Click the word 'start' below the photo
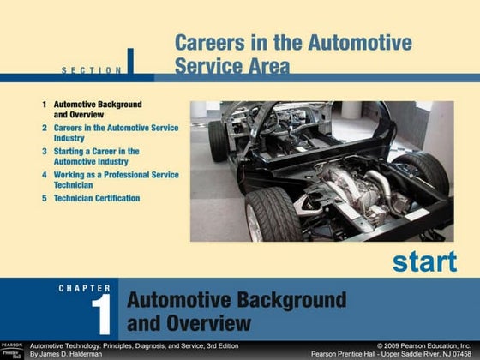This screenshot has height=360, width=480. (x=424, y=261)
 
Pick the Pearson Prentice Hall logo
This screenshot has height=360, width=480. (x=12, y=349)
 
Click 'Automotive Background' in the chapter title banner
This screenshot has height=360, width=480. (x=237, y=301)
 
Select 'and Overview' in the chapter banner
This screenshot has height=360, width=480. (x=189, y=323)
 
